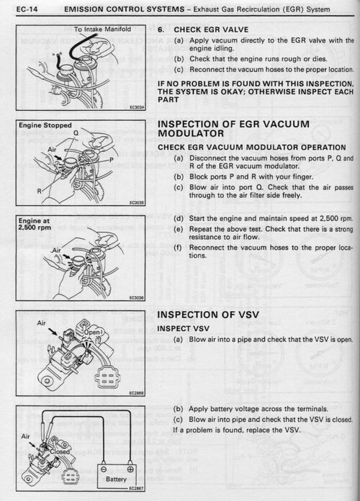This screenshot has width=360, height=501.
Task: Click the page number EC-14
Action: (x=27, y=9)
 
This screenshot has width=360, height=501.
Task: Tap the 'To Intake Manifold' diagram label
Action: (x=103, y=29)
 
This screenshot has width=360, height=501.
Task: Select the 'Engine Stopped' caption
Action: (x=45, y=125)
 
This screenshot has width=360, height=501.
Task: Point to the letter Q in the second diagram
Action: (x=76, y=132)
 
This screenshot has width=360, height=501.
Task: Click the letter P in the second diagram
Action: (x=112, y=159)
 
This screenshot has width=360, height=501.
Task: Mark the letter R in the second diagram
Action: (x=40, y=191)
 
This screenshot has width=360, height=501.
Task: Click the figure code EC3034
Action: (x=137, y=107)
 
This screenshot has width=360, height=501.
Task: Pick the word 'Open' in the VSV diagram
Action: (x=91, y=332)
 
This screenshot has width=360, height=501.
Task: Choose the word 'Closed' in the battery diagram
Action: (x=60, y=451)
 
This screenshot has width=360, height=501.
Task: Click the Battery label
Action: (x=116, y=479)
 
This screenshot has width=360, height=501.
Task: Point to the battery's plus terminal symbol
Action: (x=130, y=469)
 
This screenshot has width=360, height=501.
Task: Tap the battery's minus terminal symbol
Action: (x=104, y=469)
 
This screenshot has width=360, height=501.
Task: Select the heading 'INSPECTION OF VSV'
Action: (x=208, y=315)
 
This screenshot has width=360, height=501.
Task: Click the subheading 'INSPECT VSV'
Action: (x=183, y=328)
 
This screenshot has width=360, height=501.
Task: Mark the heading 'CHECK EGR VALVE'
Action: (x=211, y=30)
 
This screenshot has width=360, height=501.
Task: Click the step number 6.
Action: (x=161, y=30)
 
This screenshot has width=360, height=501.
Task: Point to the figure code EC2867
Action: (x=137, y=489)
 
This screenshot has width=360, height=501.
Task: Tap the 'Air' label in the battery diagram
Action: (x=26, y=436)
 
